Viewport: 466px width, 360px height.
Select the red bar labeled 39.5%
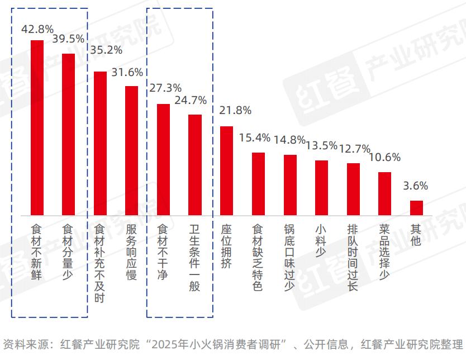point(68,134)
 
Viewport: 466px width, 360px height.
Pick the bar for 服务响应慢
point(131,150)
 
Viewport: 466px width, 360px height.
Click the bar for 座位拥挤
point(226,170)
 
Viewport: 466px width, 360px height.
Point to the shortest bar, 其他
point(416,208)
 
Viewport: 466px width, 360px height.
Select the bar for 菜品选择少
point(384,193)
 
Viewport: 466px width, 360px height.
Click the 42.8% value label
point(36,29)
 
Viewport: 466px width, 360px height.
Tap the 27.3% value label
point(163,88)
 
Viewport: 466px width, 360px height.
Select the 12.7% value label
point(354,149)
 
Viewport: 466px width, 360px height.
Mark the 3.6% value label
point(416,186)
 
